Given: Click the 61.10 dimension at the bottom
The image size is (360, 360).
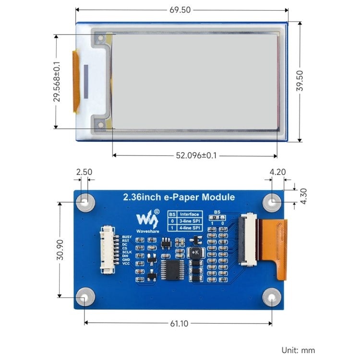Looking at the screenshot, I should point(178,324).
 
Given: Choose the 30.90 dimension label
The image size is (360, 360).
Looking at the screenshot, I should point(59,250).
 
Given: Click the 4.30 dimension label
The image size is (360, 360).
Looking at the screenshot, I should point(303,196).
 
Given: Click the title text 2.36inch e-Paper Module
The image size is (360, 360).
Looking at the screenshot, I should point(179,197).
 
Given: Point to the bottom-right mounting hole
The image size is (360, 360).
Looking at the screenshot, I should point(272,298).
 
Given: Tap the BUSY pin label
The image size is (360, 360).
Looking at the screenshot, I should point(127,237).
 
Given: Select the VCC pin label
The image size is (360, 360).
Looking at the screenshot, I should point(126,264).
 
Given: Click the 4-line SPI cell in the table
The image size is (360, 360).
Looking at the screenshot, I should point(189,228).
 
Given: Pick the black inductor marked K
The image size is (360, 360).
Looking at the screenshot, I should point(195,253).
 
